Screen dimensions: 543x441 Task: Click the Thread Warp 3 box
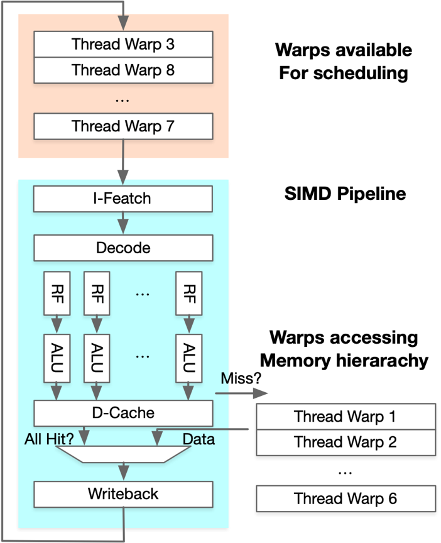tap(123, 45)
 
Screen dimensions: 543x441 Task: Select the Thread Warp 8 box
tap(123, 70)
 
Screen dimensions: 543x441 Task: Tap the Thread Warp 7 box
tap(123, 126)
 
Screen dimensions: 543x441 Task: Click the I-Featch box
tap(123, 199)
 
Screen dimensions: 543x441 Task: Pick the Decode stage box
tap(123, 248)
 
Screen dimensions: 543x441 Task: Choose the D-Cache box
tap(123, 413)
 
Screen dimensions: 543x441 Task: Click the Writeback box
tap(123, 494)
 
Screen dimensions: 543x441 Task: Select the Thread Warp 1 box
tap(346, 417)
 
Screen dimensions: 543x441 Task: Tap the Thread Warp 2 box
tap(346, 442)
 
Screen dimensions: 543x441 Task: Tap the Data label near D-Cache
tap(198, 439)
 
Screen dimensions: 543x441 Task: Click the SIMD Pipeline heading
tap(345, 193)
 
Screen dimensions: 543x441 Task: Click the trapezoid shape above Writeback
tap(123, 454)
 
